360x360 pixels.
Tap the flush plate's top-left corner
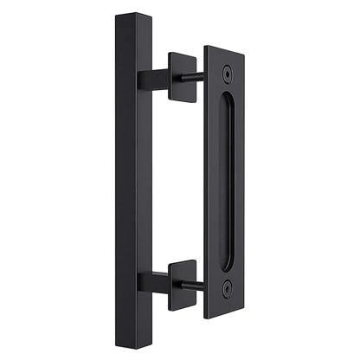(205, 42)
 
